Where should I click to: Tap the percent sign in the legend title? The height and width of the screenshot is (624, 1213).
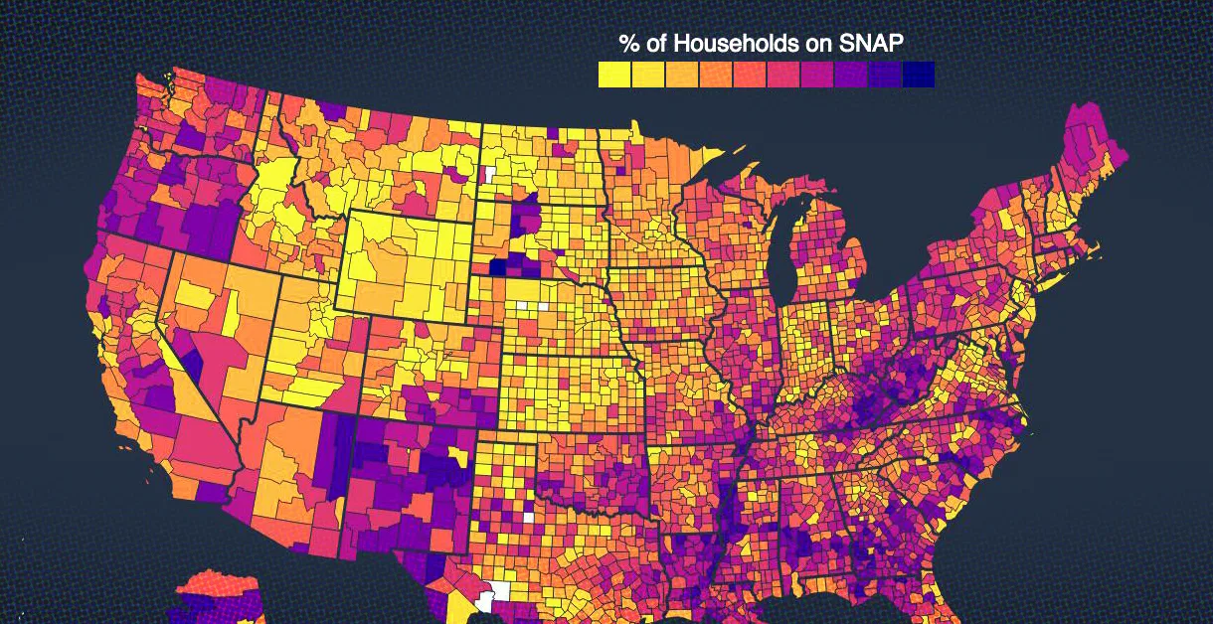629,44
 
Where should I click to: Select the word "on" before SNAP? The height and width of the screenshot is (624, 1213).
819,44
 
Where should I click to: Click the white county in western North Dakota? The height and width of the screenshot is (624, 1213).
490,174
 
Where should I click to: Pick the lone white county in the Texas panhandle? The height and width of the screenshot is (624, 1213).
528,517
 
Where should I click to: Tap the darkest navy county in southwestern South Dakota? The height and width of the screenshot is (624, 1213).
497,267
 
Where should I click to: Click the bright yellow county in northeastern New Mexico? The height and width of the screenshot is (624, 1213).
457,458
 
